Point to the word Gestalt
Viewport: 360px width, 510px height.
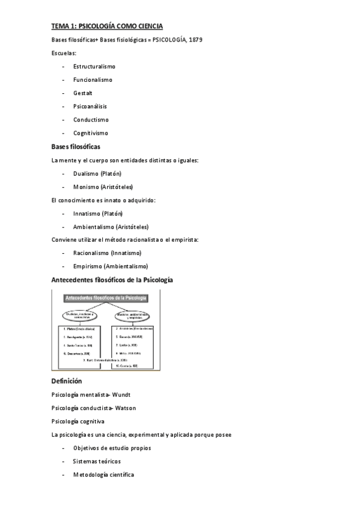83,93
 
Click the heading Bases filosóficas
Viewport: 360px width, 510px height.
76,146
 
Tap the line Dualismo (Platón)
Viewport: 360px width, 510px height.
97,173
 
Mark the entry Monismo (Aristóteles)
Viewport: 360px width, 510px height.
103,186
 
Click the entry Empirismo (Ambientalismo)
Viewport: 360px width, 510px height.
111,266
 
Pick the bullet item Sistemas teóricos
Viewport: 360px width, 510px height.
97,461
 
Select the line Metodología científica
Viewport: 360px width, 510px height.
103,475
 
